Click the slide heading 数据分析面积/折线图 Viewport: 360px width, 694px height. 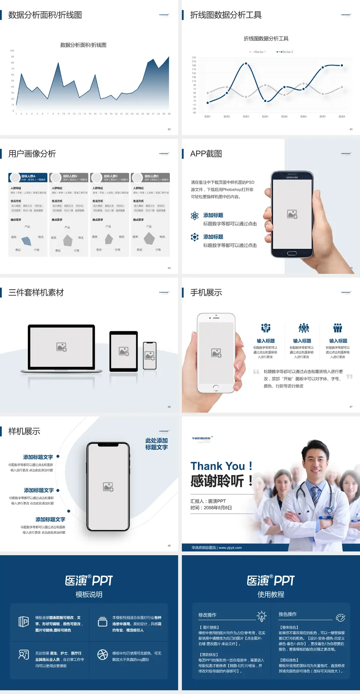pos(45,15)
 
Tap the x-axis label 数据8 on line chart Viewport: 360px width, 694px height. pos(342,117)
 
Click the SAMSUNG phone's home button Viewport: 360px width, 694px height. pos(292,253)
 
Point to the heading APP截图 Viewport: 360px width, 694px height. pos(206,154)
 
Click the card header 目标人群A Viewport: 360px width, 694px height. pos(28,176)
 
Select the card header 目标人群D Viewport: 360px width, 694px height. pos(151,176)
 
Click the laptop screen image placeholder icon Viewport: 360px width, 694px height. pos(61,347)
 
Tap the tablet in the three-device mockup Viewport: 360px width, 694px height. pos(124,352)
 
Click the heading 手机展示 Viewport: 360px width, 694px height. pos(206,293)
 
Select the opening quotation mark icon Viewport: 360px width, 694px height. pos(256,372)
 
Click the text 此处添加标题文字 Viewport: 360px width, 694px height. pos(156,444)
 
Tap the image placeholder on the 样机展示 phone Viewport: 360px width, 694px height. pos(108,487)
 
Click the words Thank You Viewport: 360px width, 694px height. pos(217,466)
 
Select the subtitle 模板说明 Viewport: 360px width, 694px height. pos(89,595)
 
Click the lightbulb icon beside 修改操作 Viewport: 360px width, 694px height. pos(261,616)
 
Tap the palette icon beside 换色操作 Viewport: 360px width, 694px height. pos(340,617)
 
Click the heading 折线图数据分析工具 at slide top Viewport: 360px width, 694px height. pos(226,15)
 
